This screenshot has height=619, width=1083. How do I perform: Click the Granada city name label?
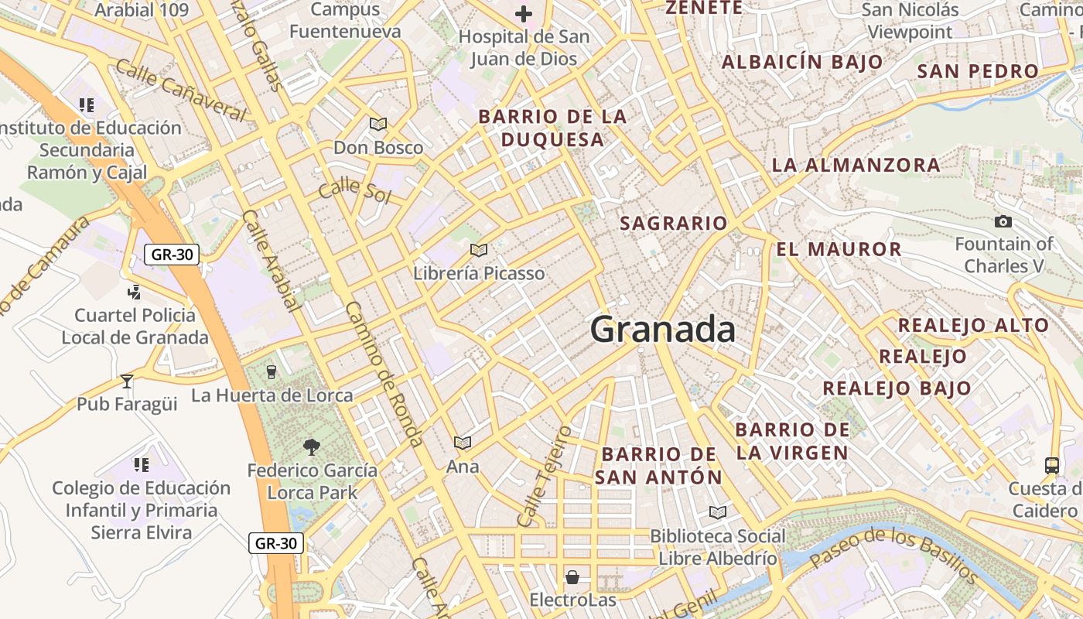click(x=663, y=330)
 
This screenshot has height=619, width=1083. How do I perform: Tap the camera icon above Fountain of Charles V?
click(x=1003, y=222)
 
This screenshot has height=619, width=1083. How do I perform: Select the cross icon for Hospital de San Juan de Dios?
click(x=524, y=14)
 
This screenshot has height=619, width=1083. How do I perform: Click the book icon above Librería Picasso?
click(x=479, y=250)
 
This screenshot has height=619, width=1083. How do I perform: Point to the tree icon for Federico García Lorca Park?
click(x=312, y=446)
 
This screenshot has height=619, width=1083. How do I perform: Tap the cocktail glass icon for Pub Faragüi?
click(x=127, y=381)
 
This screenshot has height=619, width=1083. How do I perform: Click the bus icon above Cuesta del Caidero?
click(x=1052, y=465)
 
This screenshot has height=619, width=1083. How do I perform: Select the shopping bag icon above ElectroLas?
click(x=572, y=577)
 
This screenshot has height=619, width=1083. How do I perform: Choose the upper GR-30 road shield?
click(x=172, y=254)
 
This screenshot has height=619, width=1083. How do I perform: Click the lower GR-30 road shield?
click(x=276, y=543)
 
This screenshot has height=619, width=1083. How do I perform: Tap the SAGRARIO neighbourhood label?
click(x=674, y=224)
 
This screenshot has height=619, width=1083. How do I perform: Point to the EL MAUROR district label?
click(x=839, y=249)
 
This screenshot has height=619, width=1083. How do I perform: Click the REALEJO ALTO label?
click(x=973, y=325)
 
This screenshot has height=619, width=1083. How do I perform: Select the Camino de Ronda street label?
click(x=384, y=374)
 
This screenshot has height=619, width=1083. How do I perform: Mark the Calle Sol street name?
click(x=355, y=190)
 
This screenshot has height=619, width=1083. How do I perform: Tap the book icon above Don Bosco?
click(x=378, y=124)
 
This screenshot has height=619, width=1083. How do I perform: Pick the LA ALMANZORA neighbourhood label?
click(x=856, y=165)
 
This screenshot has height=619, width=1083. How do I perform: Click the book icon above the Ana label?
click(x=463, y=443)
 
